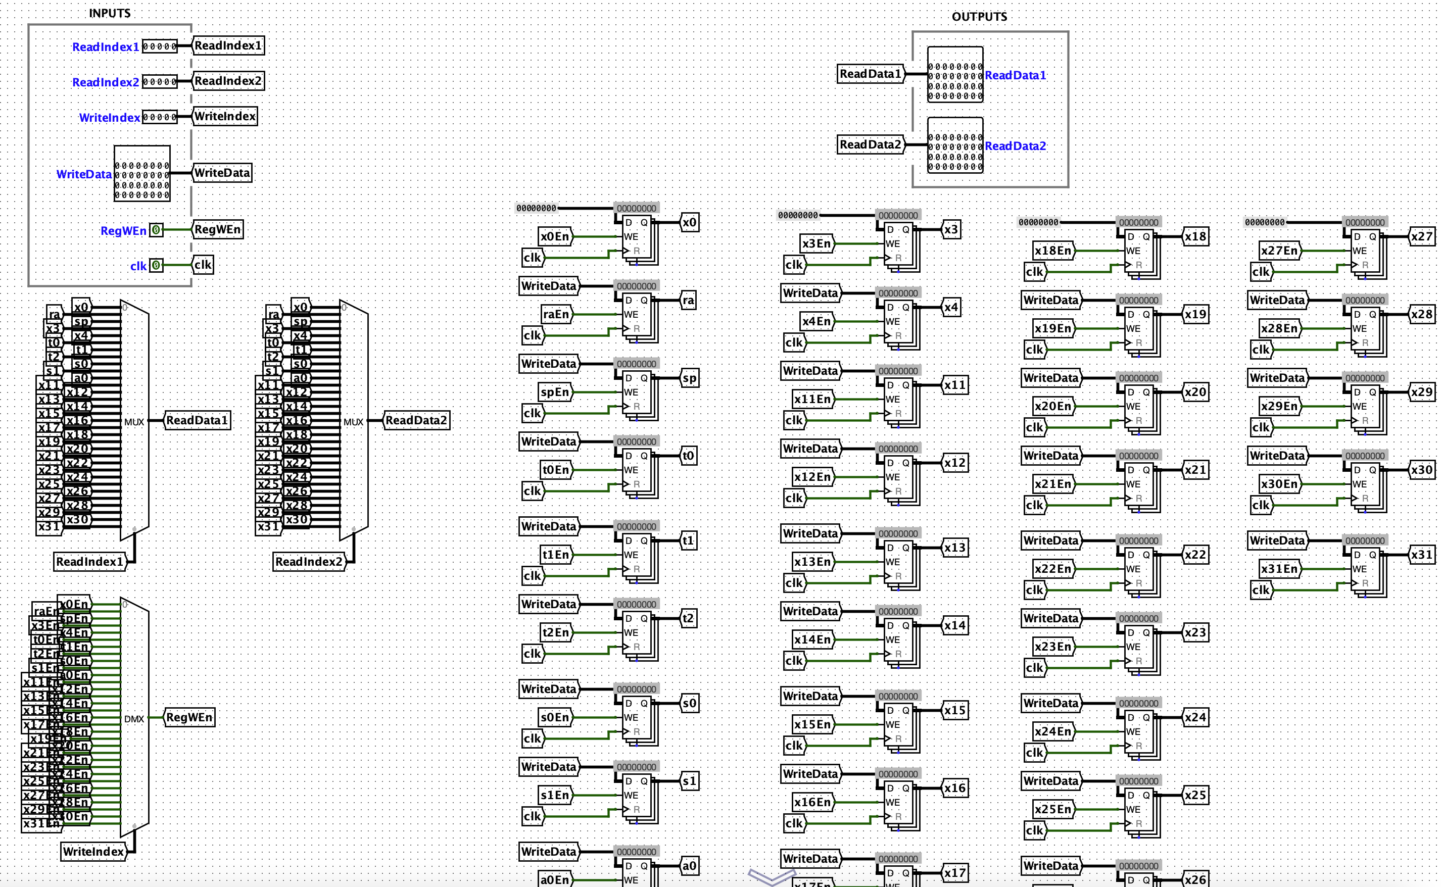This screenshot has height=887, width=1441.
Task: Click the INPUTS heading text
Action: tap(110, 13)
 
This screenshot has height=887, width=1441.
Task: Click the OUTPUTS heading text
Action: tap(979, 17)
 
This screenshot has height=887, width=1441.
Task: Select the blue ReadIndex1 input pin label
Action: tap(106, 47)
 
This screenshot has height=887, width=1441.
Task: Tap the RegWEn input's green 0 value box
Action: tap(156, 230)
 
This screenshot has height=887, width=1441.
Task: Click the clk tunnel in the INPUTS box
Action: tap(203, 265)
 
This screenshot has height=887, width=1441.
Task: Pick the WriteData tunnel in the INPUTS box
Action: tap(222, 172)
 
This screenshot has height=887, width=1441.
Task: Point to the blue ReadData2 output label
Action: tap(1015, 146)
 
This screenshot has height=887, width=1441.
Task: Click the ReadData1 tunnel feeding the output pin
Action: tap(871, 74)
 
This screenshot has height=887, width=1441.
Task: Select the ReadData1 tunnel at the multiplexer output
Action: tap(197, 420)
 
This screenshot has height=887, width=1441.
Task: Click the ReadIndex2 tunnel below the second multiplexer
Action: tap(309, 561)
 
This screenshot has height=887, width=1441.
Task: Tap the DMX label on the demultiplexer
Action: tap(134, 719)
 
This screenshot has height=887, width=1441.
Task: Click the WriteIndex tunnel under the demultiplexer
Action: tap(94, 851)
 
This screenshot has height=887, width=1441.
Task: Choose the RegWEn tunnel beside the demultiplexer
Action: tap(189, 717)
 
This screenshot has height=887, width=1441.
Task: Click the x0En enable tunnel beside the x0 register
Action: tap(554, 236)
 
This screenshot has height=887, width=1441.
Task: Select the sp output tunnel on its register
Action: tap(689, 378)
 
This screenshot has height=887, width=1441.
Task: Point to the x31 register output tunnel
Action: tap(1422, 555)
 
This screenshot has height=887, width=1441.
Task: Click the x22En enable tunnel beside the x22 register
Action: tap(1053, 568)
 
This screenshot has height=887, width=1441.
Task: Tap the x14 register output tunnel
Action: tap(954, 625)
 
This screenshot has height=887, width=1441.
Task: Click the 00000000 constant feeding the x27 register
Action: tap(1265, 222)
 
